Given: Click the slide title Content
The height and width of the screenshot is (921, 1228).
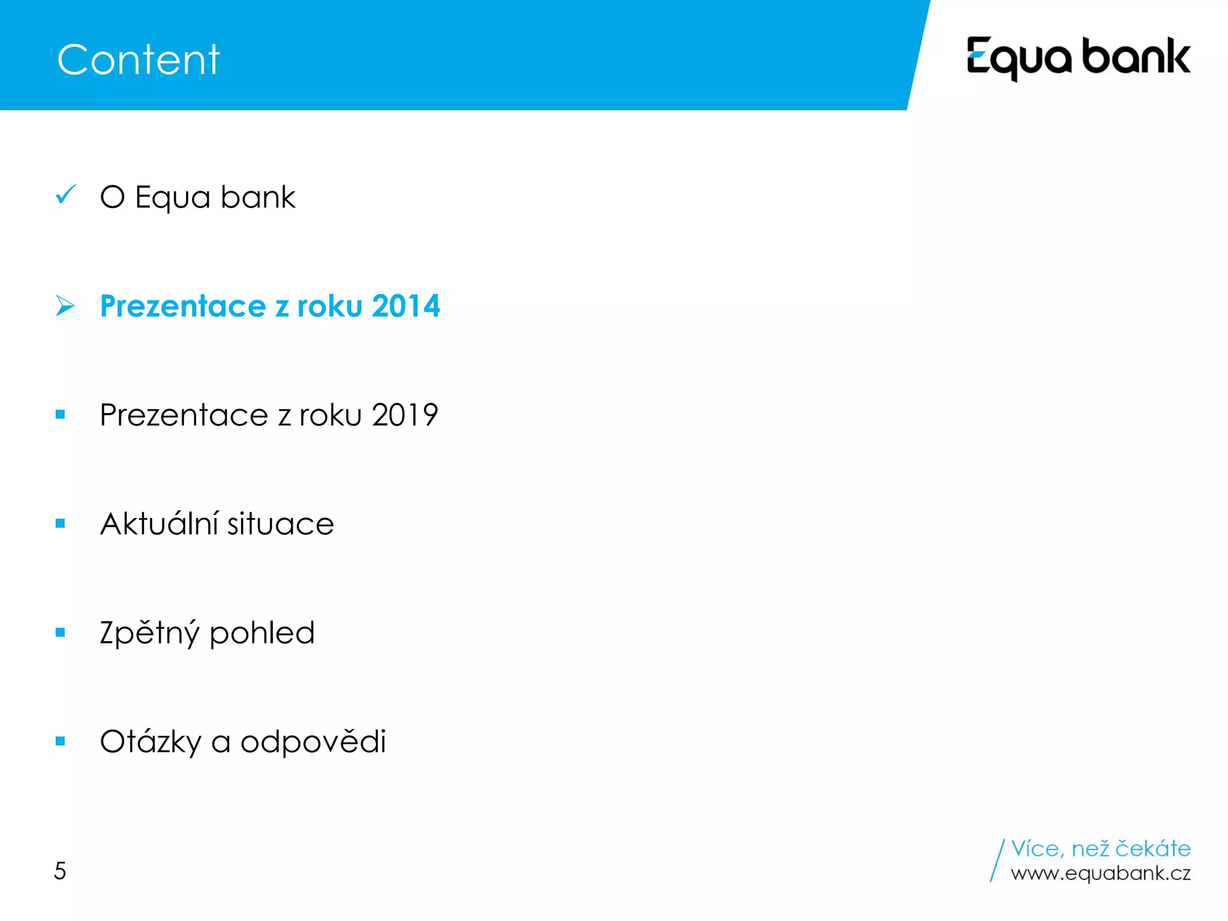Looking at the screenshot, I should [139, 60].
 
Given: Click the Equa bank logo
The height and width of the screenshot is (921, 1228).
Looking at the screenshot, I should [1078, 58].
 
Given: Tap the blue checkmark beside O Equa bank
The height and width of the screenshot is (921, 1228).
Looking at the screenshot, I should [65, 194].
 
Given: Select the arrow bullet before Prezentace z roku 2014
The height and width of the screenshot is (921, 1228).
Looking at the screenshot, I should [65, 305].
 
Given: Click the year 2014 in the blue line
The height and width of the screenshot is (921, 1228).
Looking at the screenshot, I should [406, 306].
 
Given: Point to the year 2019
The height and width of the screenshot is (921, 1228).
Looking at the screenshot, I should [405, 415].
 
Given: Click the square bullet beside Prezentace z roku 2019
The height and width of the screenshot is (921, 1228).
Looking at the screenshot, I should [60, 414].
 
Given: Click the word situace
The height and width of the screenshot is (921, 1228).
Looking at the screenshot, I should [280, 524].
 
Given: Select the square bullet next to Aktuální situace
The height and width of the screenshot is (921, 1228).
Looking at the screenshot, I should [60, 523].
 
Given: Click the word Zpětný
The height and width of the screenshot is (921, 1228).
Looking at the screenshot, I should [149, 633].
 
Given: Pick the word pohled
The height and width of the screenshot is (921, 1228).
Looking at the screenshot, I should [262, 633].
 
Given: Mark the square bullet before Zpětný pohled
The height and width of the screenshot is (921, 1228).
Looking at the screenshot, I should [60, 632].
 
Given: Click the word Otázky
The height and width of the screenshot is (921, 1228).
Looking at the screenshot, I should [151, 742].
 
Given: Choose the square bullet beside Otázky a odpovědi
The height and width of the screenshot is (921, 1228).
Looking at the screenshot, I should [60, 741].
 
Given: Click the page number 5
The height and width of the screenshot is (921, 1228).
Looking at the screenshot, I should [60, 871].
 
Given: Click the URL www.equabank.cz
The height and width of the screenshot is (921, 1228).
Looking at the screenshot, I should [1100, 874].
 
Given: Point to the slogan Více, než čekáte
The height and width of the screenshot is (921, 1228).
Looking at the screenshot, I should [1100, 848].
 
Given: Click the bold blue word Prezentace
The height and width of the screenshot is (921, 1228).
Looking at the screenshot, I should [183, 306].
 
